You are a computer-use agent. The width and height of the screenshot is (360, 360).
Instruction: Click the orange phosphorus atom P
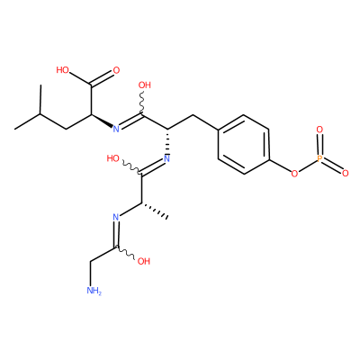[x=319, y=158]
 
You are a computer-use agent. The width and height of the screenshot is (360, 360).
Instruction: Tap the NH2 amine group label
[x=94, y=291]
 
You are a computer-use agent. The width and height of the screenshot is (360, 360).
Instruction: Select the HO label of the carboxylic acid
[x=63, y=70]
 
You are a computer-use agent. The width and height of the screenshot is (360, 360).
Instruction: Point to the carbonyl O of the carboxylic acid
[x=116, y=71]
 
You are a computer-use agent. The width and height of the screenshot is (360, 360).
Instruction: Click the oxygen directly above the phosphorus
[x=319, y=130]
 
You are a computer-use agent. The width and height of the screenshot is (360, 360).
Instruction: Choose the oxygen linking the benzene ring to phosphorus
[x=295, y=173]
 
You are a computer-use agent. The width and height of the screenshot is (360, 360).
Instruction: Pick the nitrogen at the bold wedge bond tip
[x=116, y=129]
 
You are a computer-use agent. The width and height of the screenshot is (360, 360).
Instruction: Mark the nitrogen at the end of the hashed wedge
[x=166, y=158]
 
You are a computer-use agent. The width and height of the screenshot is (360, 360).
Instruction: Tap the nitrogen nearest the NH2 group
[x=116, y=217]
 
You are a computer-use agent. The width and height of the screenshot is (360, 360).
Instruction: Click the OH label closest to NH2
[x=144, y=261]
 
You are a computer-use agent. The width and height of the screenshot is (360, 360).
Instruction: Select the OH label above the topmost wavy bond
[x=145, y=85]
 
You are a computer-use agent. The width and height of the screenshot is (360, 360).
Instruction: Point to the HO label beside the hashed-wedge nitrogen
[x=113, y=158]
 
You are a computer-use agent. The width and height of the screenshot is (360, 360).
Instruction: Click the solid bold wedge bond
[x=102, y=121]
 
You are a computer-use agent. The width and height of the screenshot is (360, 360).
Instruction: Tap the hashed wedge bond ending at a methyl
[x=155, y=211]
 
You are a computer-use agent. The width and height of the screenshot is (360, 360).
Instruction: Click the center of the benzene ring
[x=243, y=144]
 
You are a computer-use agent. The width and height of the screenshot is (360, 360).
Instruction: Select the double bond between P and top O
[x=319, y=144]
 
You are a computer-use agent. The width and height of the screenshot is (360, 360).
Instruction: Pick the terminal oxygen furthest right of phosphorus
[x=345, y=173]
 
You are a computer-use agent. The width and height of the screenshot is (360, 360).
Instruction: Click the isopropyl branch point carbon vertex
[x=40, y=114]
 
